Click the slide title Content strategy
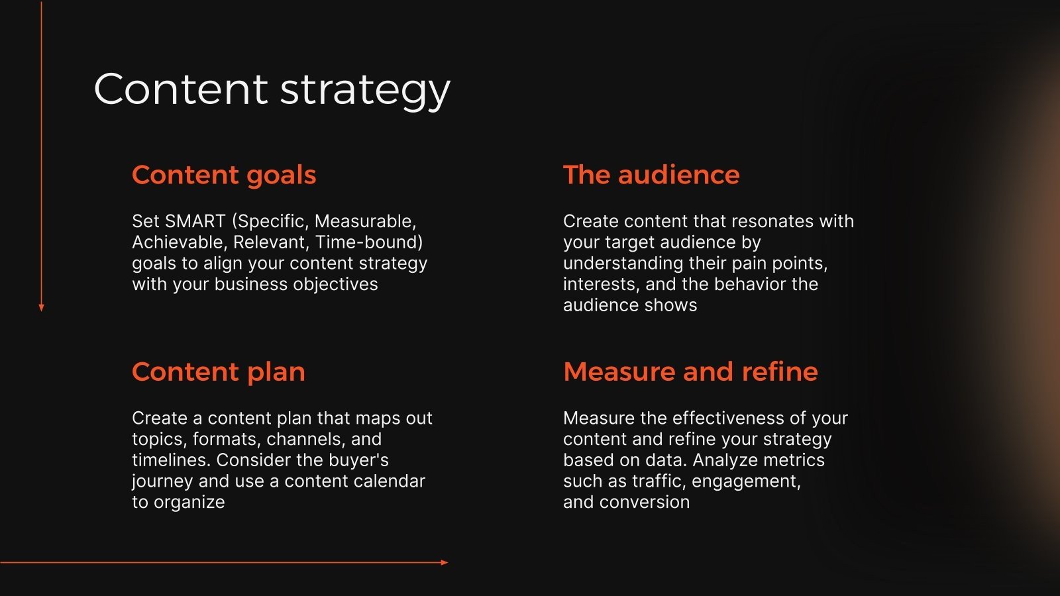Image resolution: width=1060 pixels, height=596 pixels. tap(272, 89)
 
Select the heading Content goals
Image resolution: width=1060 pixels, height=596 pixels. tap(224, 175)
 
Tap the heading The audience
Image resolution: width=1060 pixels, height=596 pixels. tap(651, 175)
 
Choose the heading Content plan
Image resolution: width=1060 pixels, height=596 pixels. tap(218, 372)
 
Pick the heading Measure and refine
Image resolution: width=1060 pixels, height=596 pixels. tap(690, 372)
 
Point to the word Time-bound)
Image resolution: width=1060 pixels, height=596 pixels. tap(369, 242)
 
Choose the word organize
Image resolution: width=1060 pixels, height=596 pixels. tap(189, 503)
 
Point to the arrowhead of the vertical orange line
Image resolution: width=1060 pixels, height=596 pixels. tap(42, 308)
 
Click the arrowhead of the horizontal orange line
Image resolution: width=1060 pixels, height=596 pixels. tap(445, 562)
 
